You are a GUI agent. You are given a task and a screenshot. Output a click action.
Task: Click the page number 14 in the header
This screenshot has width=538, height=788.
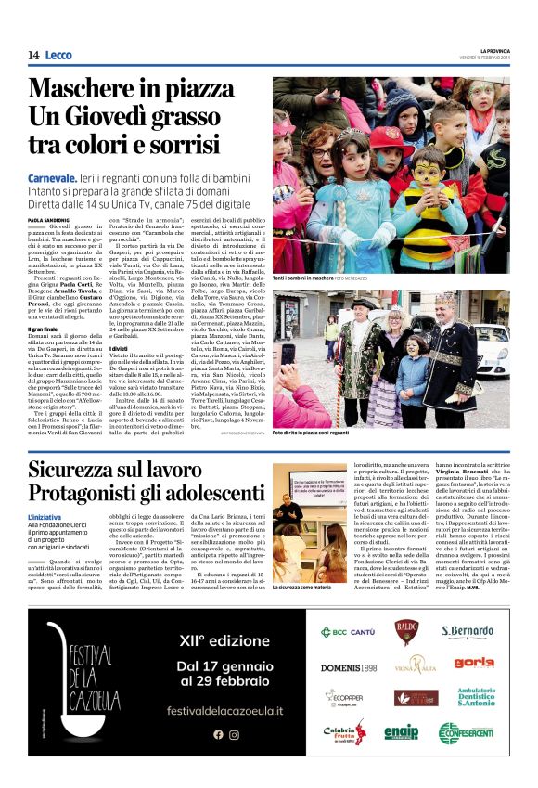tap(32, 56)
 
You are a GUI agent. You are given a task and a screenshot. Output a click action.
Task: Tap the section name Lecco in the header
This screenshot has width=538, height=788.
tap(59, 56)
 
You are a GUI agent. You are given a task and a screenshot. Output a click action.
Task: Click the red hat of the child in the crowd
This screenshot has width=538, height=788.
tap(393, 139)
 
